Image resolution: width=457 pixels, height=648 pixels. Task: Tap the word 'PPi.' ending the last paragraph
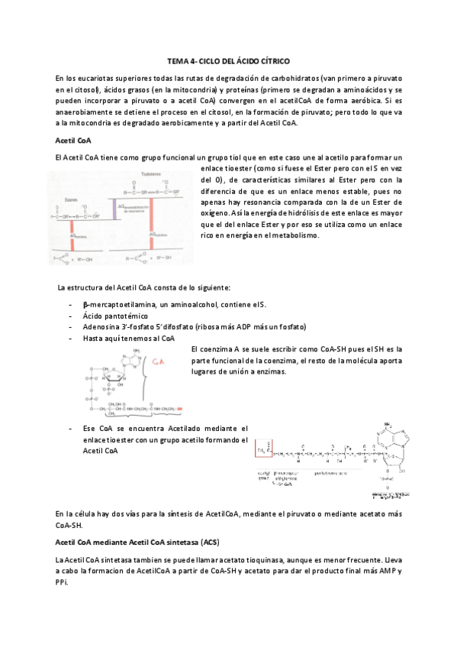[x=64, y=583]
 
